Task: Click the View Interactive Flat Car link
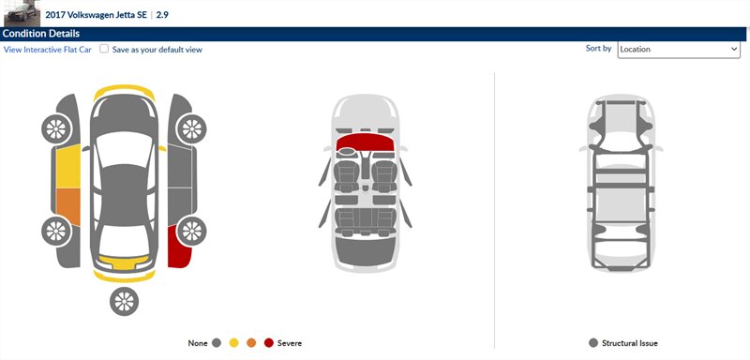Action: [48, 50]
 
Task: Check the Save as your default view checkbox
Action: [104, 49]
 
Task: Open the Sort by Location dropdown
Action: [679, 49]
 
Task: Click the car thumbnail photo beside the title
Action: [22, 13]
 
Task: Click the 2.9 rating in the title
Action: [162, 14]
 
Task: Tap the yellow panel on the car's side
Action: [68, 167]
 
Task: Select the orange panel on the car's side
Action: [68, 207]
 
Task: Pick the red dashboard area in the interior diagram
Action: [365, 142]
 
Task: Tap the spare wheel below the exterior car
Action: [124, 301]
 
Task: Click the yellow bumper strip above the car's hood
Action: [124, 91]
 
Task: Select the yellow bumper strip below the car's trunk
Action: [124, 277]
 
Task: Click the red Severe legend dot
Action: [269, 343]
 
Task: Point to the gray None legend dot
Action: [217, 343]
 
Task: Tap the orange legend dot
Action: [251, 343]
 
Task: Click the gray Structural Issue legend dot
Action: [593, 343]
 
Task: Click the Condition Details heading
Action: [41, 34]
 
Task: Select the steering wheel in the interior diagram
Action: [348, 153]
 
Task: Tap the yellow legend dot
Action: [233, 343]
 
